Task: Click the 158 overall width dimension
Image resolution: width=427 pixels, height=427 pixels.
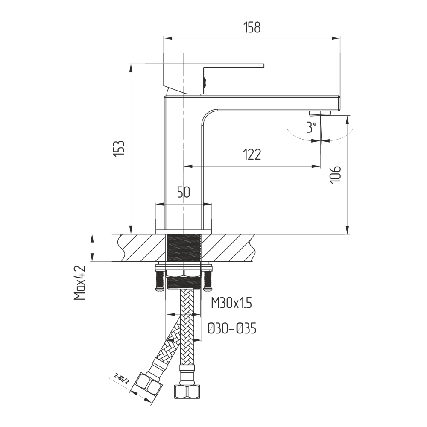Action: [252, 27]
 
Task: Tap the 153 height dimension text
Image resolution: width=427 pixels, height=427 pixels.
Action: [119, 149]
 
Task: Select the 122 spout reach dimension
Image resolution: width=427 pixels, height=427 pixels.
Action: [252, 155]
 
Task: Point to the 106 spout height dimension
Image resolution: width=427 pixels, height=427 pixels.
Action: [335, 174]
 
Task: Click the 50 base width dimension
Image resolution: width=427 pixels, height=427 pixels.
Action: [184, 192]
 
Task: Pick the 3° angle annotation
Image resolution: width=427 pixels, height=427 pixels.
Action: [312, 127]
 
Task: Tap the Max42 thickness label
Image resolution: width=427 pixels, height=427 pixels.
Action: [80, 283]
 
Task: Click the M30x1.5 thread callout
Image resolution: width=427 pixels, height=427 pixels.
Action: [231, 303]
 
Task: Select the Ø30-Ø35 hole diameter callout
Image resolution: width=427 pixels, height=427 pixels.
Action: [232, 329]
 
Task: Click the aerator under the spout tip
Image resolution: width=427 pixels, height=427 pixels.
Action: [321, 113]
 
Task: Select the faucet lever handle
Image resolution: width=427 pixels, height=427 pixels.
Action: [214, 79]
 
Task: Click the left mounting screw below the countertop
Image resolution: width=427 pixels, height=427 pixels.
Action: [160, 281]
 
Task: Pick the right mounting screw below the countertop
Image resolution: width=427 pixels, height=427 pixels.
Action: [208, 281]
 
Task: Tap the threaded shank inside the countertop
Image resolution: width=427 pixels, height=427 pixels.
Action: [184, 248]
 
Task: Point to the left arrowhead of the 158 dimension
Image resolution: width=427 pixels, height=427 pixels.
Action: [167, 38]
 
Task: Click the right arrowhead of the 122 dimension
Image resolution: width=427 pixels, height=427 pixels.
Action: [316, 166]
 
